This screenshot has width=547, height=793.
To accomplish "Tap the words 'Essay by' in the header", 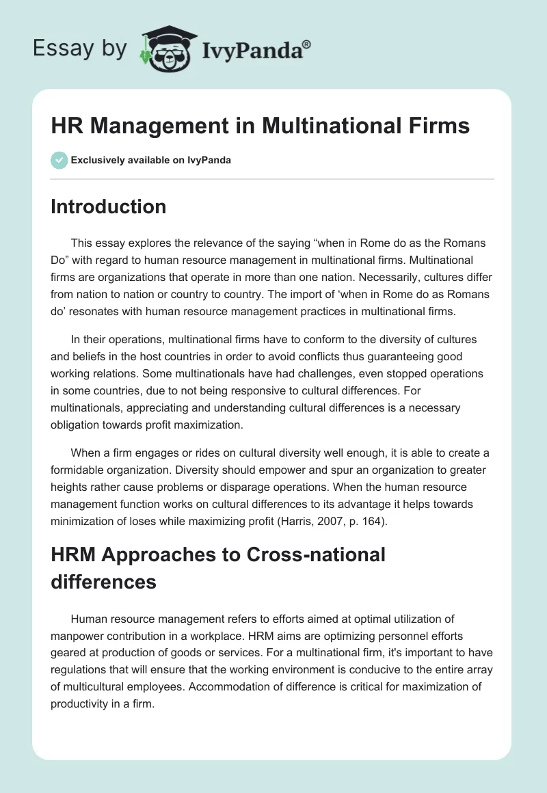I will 80,48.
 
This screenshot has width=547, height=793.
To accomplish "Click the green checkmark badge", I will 59,160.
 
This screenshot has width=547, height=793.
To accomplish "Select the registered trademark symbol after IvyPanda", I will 307,44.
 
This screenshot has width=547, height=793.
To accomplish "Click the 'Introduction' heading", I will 108,206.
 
